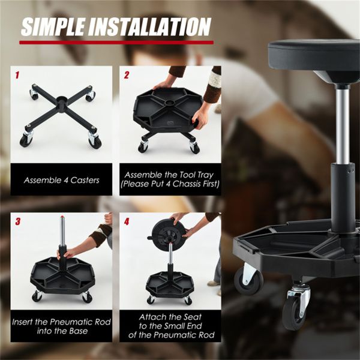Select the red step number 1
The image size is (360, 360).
click(18, 76)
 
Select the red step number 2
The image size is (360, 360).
click(127, 76)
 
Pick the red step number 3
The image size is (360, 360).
click(18, 221)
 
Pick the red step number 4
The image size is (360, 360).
click(127, 221)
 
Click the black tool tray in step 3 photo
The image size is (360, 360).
click(62, 278)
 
